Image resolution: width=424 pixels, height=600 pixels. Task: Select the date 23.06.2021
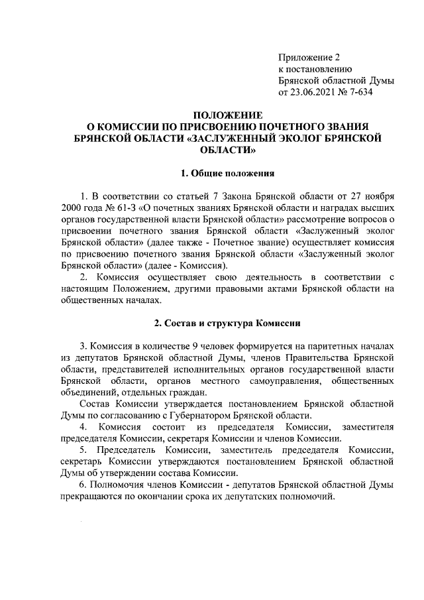[x=315, y=93]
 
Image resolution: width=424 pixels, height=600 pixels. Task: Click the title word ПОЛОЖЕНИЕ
[x=227, y=115]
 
